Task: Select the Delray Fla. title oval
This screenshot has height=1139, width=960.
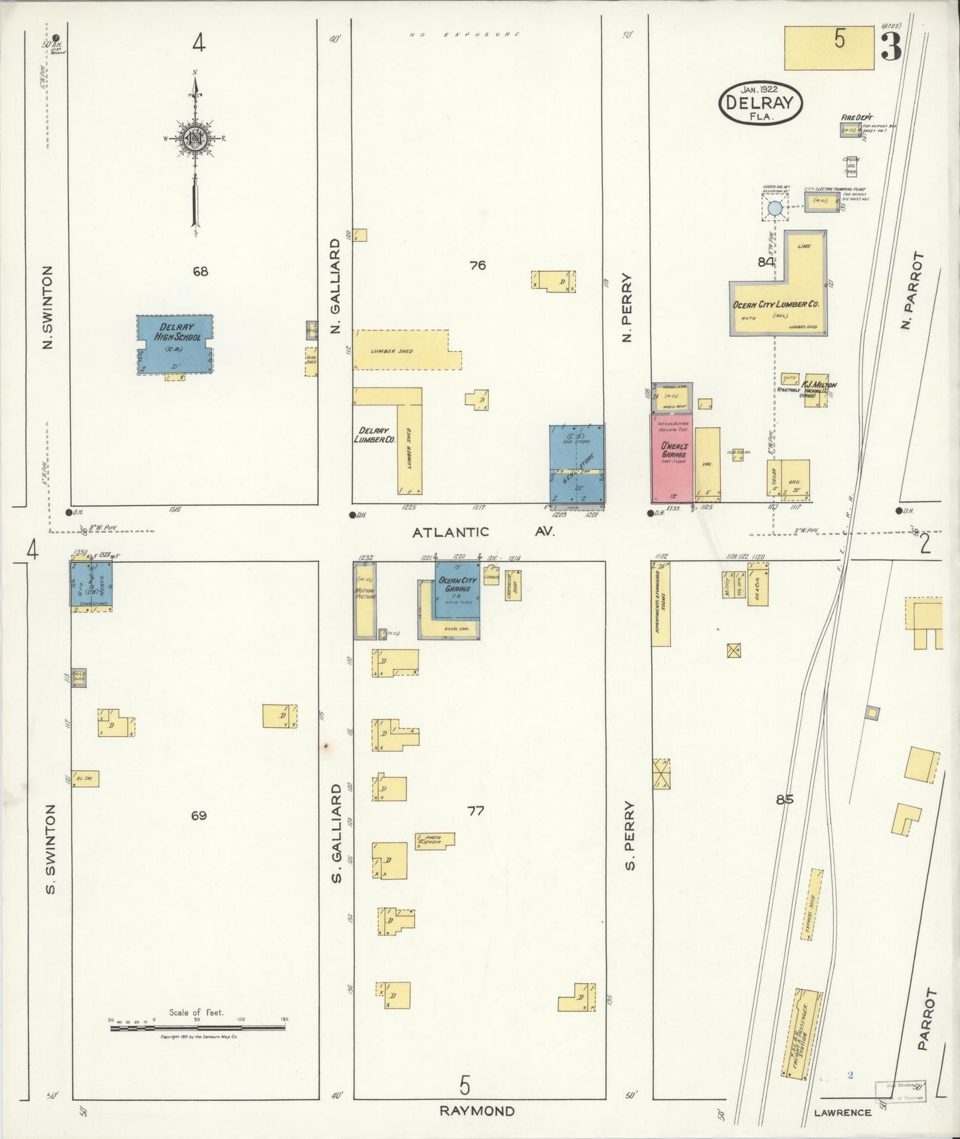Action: point(760,103)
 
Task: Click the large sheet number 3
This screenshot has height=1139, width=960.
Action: point(891,46)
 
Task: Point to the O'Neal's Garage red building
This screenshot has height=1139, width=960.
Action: point(670,458)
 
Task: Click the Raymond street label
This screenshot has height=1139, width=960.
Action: point(477,1111)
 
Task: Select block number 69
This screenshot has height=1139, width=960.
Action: point(199,815)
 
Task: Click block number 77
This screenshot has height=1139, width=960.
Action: point(475,811)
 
